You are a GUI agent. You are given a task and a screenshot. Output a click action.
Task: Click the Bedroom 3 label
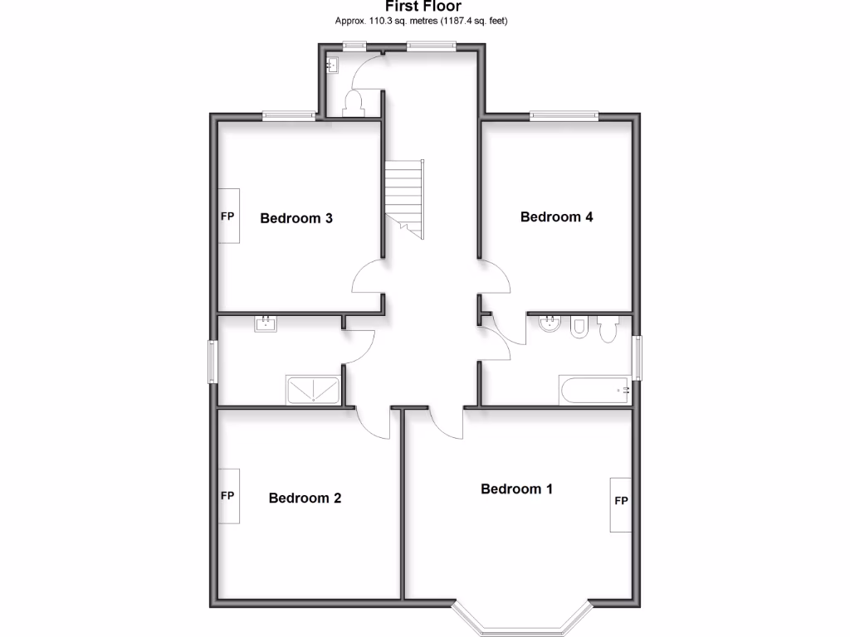click(x=296, y=219)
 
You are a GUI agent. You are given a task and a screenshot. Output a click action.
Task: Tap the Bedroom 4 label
click(x=556, y=217)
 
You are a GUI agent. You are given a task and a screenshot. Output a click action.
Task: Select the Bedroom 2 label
click(x=305, y=498)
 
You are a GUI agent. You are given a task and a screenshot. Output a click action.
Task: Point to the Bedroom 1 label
click(x=516, y=489)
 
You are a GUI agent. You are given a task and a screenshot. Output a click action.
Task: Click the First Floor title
click(x=423, y=7)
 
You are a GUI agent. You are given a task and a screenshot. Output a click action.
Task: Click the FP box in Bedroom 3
click(x=228, y=216)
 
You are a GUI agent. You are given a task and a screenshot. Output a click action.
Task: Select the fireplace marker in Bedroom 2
click(x=228, y=496)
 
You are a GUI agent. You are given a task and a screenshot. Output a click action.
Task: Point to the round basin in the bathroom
click(x=548, y=324)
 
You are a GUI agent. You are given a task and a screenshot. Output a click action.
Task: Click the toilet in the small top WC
click(x=354, y=104)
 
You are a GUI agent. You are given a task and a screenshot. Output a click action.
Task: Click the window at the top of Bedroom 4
click(x=564, y=116)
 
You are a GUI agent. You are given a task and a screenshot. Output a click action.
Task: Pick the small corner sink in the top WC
click(x=333, y=64)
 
